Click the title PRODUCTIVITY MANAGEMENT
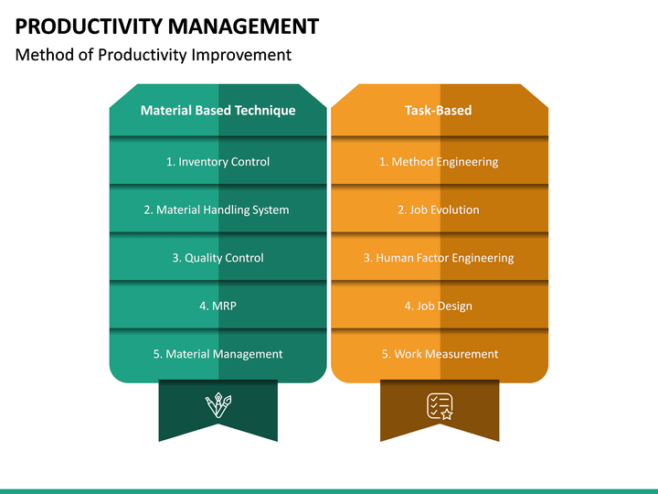[167, 26]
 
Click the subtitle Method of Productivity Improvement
[154, 55]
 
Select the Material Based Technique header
[218, 111]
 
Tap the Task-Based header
[439, 111]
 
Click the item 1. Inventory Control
[218, 162]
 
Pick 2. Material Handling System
[217, 209]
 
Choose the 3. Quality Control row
[218, 258]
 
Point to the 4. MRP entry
[218, 306]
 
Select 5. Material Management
[218, 354]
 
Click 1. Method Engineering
[439, 162]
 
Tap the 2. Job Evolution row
[439, 209]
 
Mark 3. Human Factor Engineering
[439, 258]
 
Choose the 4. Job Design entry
[439, 306]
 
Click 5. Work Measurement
[440, 354]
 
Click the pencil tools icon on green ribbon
[218, 405]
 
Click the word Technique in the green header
[265, 111]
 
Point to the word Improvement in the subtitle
[247, 55]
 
